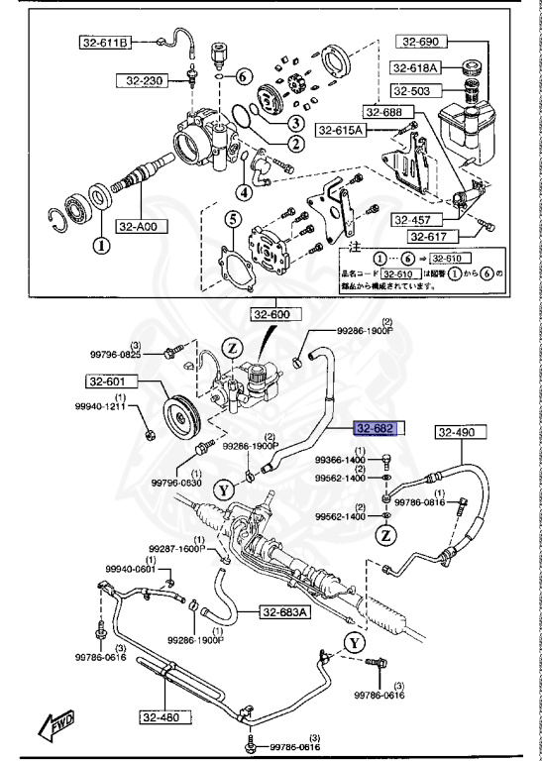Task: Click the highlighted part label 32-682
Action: pos(377,429)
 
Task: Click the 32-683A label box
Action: pos(284,611)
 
